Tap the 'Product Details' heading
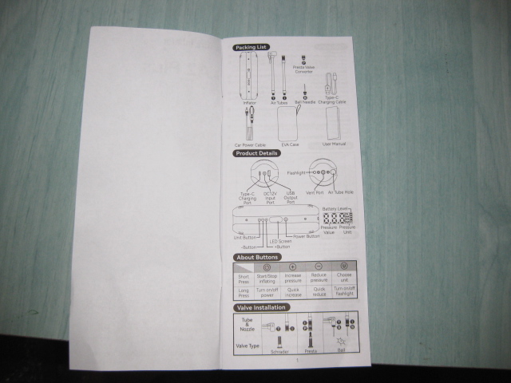click(x=256, y=153)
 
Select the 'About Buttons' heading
click(x=255, y=257)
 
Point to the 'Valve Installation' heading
click(x=259, y=307)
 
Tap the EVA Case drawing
click(x=290, y=124)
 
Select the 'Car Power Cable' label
click(x=251, y=144)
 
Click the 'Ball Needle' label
click(x=304, y=102)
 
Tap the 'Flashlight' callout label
click(x=297, y=172)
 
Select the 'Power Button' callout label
click(x=307, y=236)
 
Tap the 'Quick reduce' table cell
click(x=319, y=293)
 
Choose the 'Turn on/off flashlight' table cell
click(x=344, y=293)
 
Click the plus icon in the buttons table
click(x=293, y=267)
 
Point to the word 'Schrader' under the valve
click(x=279, y=350)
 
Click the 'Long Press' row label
click(x=244, y=293)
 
